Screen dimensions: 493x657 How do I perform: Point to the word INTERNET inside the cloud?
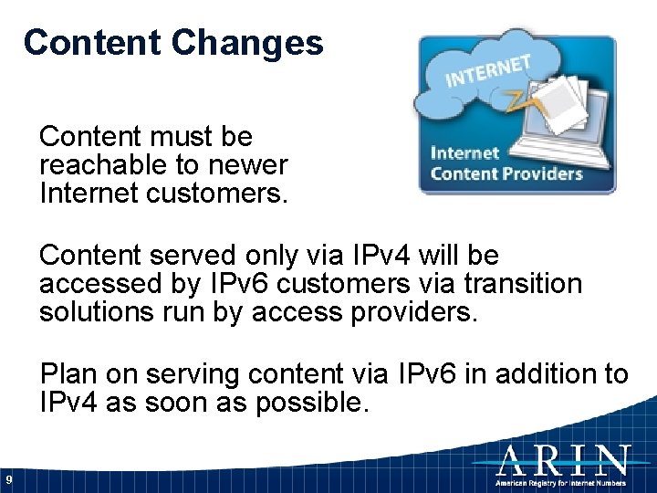click(487, 70)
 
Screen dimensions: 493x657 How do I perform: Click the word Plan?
click(69, 373)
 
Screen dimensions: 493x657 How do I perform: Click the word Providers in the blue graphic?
click(545, 173)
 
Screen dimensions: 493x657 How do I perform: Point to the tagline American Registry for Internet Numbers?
click(561, 481)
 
